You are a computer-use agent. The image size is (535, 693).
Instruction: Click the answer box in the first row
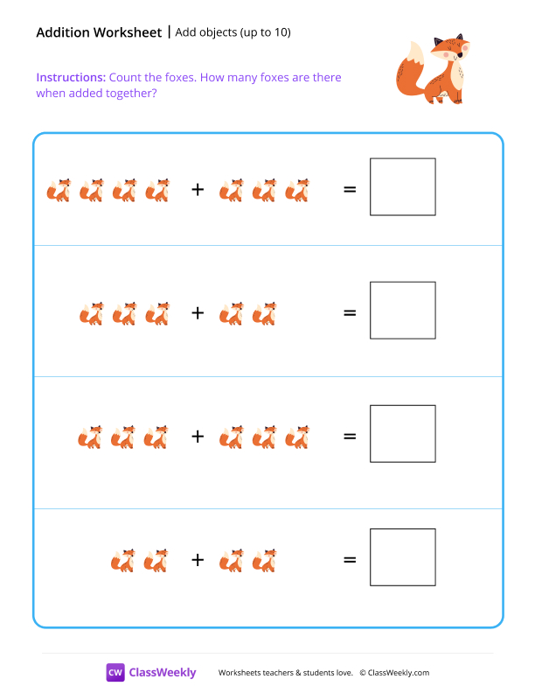pyautogui.click(x=402, y=186)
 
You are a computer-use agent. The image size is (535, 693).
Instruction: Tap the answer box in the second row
pyautogui.click(x=402, y=310)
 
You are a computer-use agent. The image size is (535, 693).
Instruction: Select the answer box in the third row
pyautogui.click(x=402, y=433)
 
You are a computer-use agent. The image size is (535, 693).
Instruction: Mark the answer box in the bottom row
pyautogui.click(x=402, y=556)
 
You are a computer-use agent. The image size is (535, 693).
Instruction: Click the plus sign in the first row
pyautogui.click(x=198, y=188)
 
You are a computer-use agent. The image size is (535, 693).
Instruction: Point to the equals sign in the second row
pyautogui.click(x=350, y=311)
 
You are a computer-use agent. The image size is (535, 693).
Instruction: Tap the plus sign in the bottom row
pyautogui.click(x=198, y=559)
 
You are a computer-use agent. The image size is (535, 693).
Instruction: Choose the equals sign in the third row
pyautogui.click(x=350, y=435)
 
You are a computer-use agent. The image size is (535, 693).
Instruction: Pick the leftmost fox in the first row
pyautogui.click(x=59, y=190)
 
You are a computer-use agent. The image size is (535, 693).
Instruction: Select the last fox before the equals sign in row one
pyautogui.click(x=297, y=190)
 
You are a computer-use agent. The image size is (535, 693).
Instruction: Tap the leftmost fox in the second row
pyautogui.click(x=91, y=313)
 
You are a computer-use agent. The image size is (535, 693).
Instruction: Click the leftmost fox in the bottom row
pyautogui.click(x=123, y=560)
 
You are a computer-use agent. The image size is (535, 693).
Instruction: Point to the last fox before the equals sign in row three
pyautogui.click(x=297, y=437)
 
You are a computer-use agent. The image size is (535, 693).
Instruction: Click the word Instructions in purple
pyautogui.click(x=71, y=78)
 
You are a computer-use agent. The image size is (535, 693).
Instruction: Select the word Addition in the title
pyautogui.click(x=64, y=32)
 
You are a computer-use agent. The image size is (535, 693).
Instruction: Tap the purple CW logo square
pyautogui.click(x=115, y=672)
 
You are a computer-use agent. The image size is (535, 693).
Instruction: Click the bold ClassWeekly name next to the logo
pyautogui.click(x=163, y=673)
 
